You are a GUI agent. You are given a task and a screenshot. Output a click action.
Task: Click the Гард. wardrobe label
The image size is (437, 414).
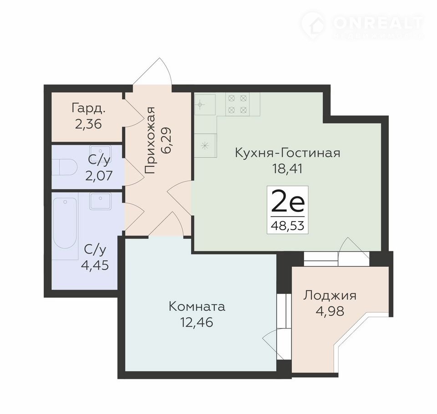(x=89, y=108)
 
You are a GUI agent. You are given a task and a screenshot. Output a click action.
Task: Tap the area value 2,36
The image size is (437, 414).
(x=88, y=124)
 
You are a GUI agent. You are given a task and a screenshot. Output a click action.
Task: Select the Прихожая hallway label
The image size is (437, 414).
(x=150, y=140)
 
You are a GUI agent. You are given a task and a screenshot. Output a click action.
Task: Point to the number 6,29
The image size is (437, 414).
(x=167, y=141)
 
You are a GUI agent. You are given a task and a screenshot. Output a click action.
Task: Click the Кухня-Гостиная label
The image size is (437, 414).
(x=288, y=153)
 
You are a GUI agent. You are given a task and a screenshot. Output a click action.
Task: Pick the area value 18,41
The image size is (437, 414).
(x=287, y=168)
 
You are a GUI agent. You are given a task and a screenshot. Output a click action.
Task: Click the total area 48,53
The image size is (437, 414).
(x=287, y=225)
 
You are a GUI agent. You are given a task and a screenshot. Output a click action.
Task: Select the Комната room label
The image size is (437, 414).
(x=197, y=307)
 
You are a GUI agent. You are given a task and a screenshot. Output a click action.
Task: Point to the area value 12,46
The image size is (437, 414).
(x=197, y=323)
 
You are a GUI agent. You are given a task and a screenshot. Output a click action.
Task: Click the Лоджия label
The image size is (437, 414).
(x=330, y=296)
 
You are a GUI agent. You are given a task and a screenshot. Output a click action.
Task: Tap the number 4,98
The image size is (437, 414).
(x=330, y=311)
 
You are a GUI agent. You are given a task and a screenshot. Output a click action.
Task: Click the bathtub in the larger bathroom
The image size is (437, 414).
(x=65, y=223)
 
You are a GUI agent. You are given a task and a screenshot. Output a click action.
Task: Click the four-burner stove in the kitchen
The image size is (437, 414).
(x=238, y=104)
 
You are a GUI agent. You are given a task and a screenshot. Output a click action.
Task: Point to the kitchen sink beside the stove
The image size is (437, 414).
(x=205, y=105)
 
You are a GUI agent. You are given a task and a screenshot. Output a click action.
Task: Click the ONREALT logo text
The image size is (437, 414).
(x=378, y=23)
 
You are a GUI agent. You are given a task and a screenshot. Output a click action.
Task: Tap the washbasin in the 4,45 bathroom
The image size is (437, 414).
(x=100, y=201)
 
